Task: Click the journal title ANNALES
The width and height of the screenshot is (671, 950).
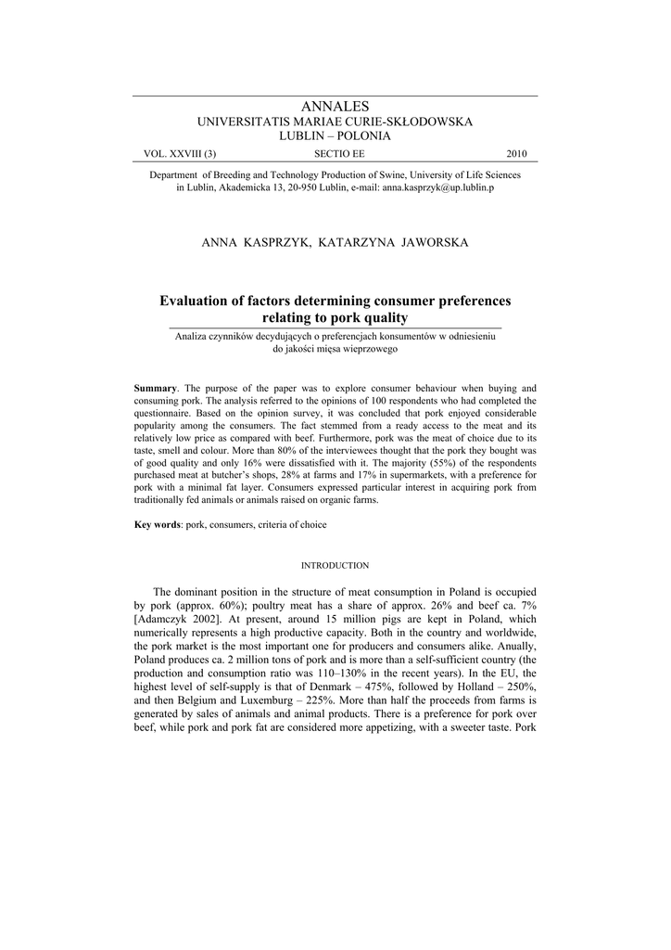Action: point(335,108)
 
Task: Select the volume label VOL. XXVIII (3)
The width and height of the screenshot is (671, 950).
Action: point(180,154)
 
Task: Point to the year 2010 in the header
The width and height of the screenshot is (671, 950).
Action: point(515,154)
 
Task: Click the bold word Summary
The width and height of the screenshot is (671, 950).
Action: point(155,387)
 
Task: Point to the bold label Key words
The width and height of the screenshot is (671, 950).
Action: point(157,525)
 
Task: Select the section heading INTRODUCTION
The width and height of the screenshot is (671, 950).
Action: point(335,565)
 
